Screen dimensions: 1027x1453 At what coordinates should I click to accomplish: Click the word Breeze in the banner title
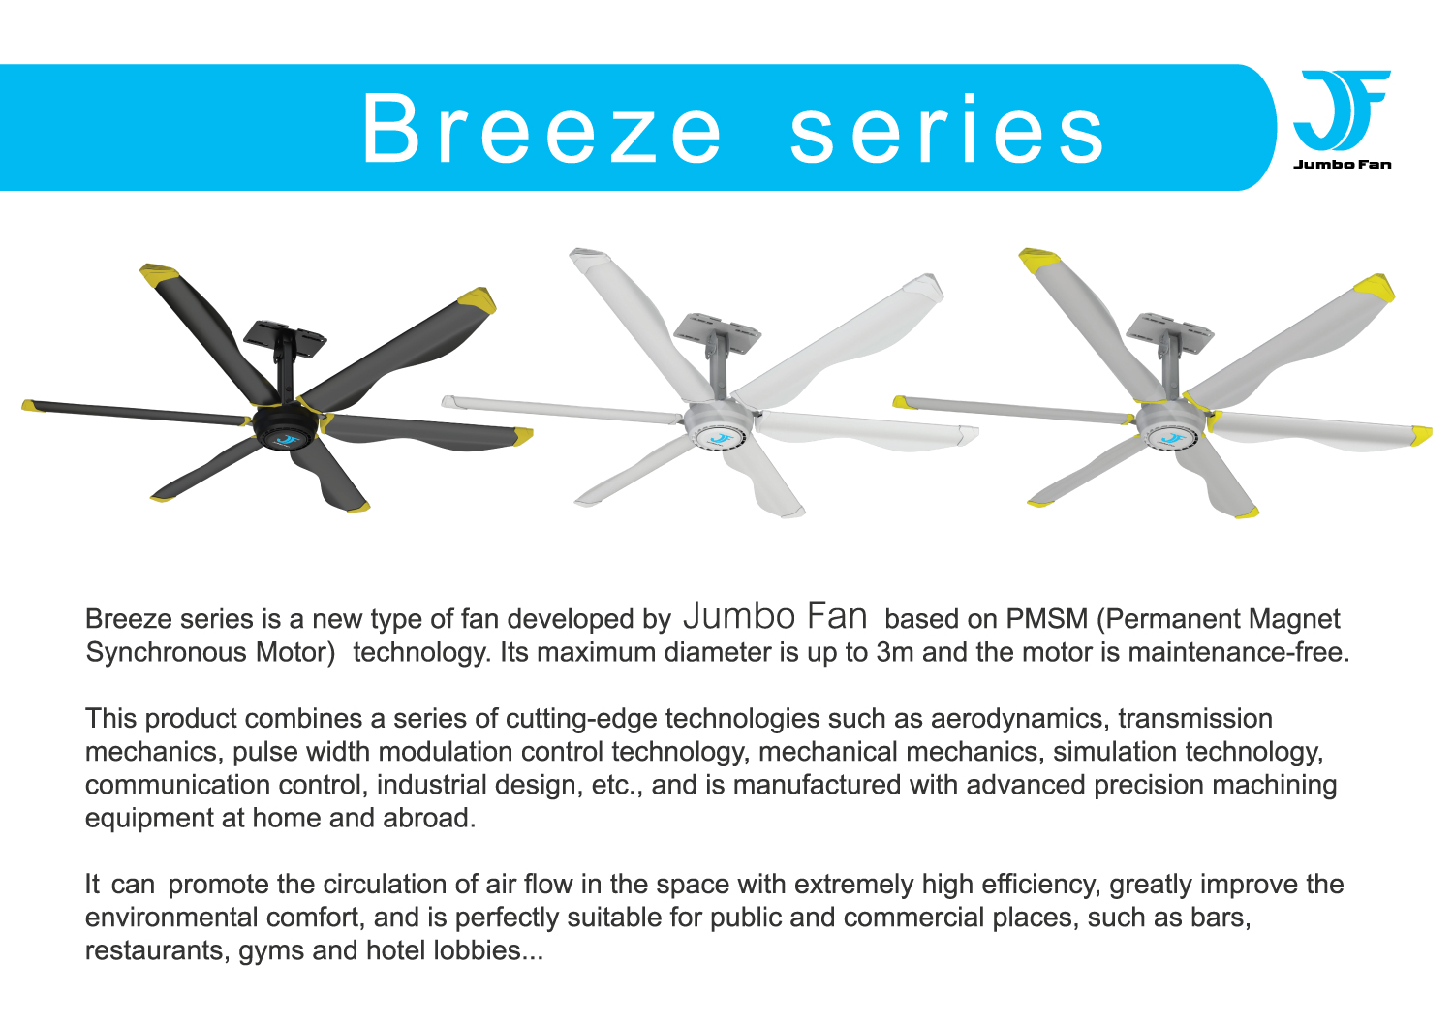point(542,129)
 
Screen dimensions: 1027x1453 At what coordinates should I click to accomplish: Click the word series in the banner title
point(947,129)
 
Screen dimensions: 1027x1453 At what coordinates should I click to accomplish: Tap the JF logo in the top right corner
point(1341,110)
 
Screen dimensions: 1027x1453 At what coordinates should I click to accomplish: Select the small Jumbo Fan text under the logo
point(1342,164)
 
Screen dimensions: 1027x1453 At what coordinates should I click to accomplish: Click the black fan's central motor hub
point(286,429)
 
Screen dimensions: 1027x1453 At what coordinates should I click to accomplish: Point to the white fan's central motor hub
point(719,429)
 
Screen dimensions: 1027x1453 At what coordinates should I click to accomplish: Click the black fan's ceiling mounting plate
point(285,335)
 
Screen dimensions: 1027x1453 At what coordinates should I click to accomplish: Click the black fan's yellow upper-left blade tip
point(159,275)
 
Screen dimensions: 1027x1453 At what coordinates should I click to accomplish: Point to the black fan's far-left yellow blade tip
point(28,404)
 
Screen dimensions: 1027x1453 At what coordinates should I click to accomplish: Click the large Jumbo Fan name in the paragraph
point(775,616)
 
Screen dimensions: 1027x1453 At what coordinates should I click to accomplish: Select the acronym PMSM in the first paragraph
point(1047,619)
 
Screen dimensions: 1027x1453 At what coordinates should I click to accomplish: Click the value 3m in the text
point(894,652)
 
